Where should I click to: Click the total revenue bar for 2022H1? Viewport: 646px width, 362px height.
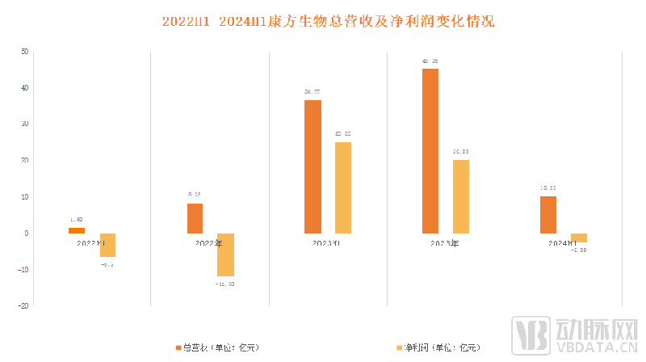pos(77,230)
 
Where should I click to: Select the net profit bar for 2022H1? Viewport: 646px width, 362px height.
pos(107,245)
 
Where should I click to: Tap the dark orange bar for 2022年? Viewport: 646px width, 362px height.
pos(195,218)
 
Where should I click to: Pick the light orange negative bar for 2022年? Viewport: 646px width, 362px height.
pos(225,255)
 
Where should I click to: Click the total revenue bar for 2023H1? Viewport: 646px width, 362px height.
pos(313,166)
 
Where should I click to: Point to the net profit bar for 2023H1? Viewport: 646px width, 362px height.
pos(343,187)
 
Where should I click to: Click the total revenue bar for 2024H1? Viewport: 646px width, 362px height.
pos(548,214)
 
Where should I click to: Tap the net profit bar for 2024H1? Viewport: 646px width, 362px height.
pos(579,238)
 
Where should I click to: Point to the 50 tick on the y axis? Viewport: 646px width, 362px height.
pos(24,51)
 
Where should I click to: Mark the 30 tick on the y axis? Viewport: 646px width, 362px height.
pos(24,124)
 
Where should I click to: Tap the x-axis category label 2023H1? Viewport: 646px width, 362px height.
pos(328,242)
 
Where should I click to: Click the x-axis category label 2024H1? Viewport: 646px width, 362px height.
pos(564,242)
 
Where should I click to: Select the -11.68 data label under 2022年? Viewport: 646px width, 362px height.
pos(225,284)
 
